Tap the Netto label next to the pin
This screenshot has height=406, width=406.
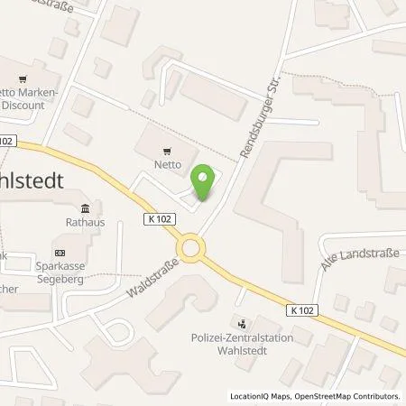[x=169, y=166]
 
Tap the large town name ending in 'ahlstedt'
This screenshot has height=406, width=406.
[x=32, y=180]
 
